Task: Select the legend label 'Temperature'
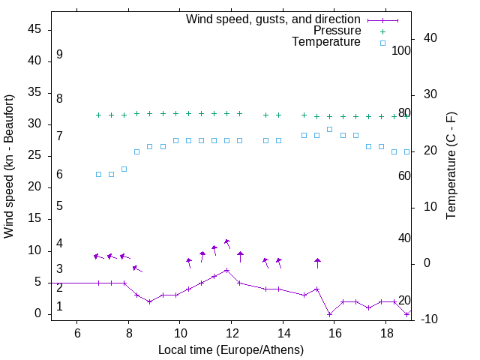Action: [326, 43]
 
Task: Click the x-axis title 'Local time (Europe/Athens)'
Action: [231, 350]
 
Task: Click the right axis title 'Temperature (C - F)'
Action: [451, 166]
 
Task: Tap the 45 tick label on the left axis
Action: [34, 28]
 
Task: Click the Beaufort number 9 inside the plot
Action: [59, 55]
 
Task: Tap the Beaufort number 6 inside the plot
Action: [59, 175]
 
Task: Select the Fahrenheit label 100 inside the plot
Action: [401, 50]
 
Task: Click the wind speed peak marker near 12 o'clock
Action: [226, 270]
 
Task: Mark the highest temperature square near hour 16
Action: [330, 129]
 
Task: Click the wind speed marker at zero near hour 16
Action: [330, 314]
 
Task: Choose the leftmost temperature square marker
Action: [98, 174]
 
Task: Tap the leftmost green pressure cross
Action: [98, 115]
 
